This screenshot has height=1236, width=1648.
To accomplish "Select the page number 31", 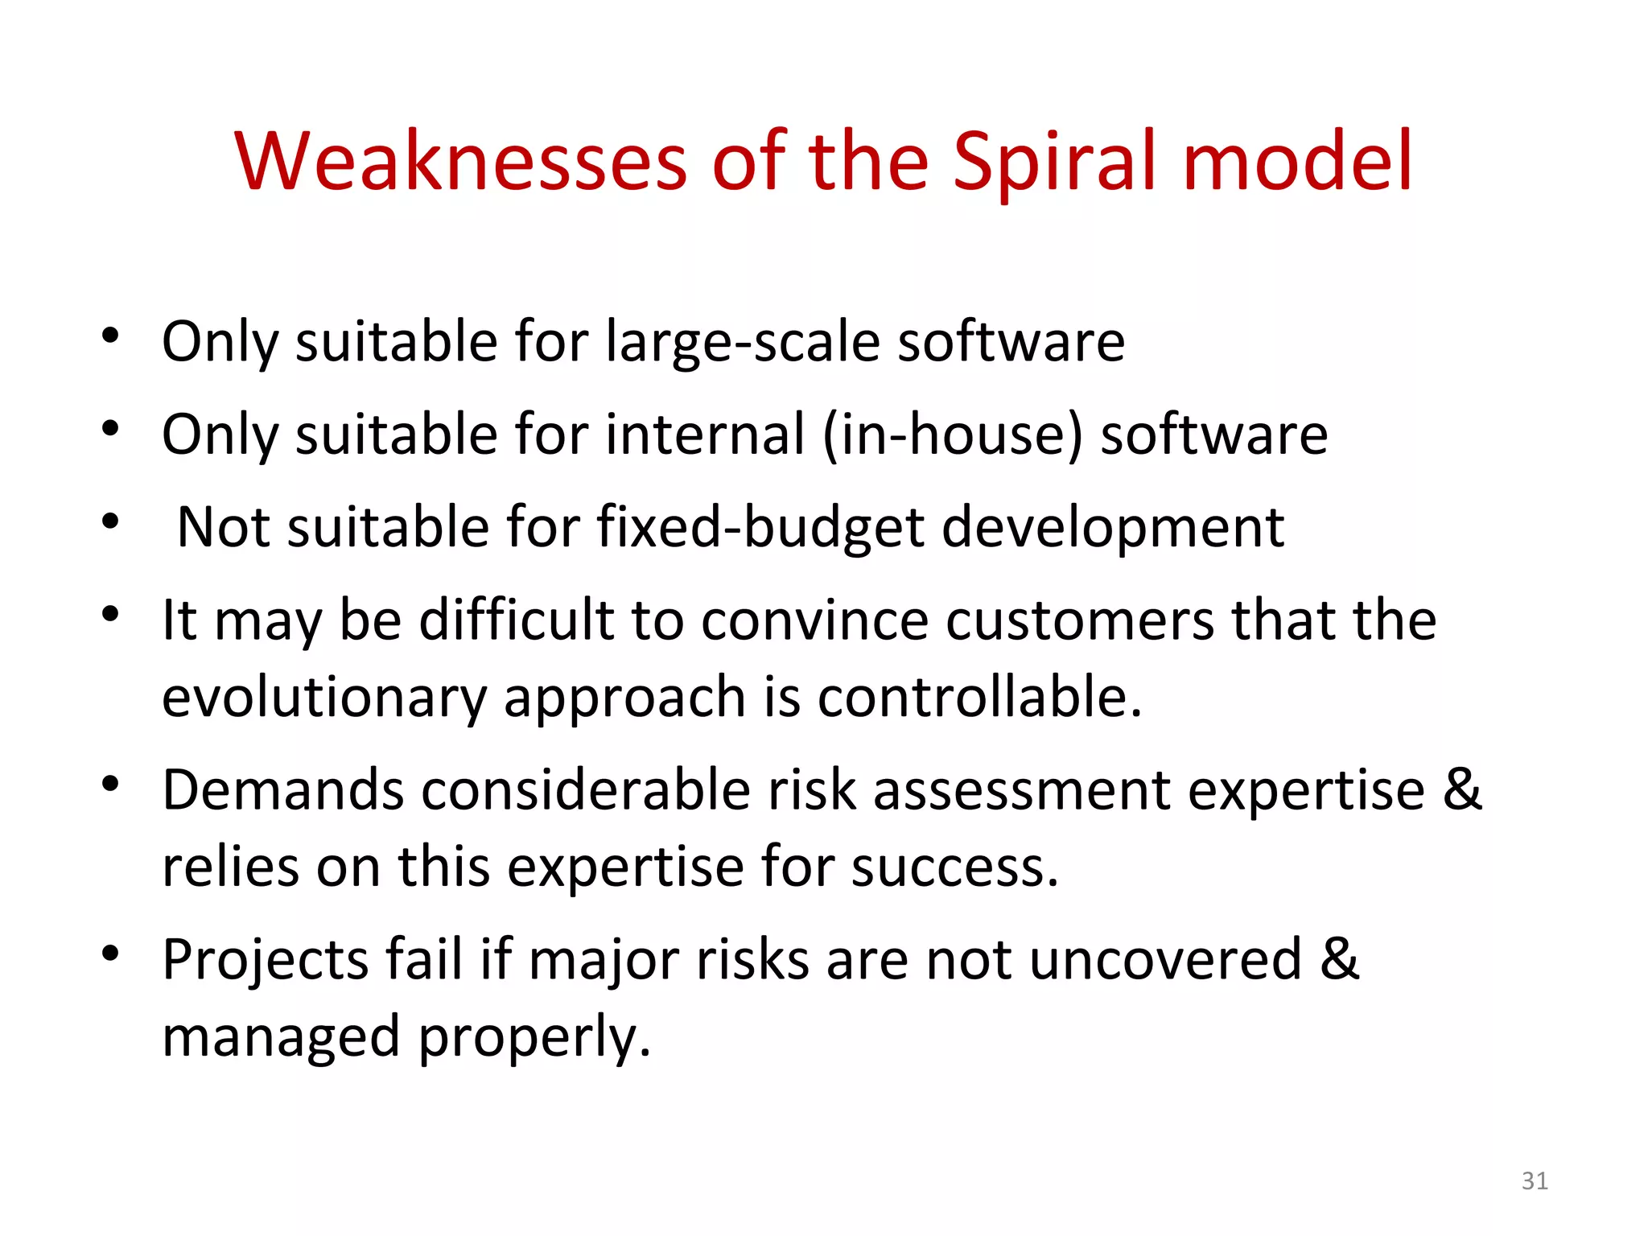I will coord(1535,1180).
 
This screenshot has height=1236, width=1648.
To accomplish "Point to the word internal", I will coord(705,435).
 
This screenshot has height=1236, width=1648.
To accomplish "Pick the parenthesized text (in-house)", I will coord(954,435).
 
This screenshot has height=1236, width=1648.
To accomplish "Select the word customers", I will coord(1079,620).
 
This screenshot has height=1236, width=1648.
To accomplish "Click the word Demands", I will coord(282,789).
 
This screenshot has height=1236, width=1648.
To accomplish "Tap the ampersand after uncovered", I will coord(1339,959).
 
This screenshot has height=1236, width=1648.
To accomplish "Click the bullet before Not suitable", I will coord(110,522).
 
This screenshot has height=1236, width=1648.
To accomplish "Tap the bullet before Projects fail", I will coord(110,954).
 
